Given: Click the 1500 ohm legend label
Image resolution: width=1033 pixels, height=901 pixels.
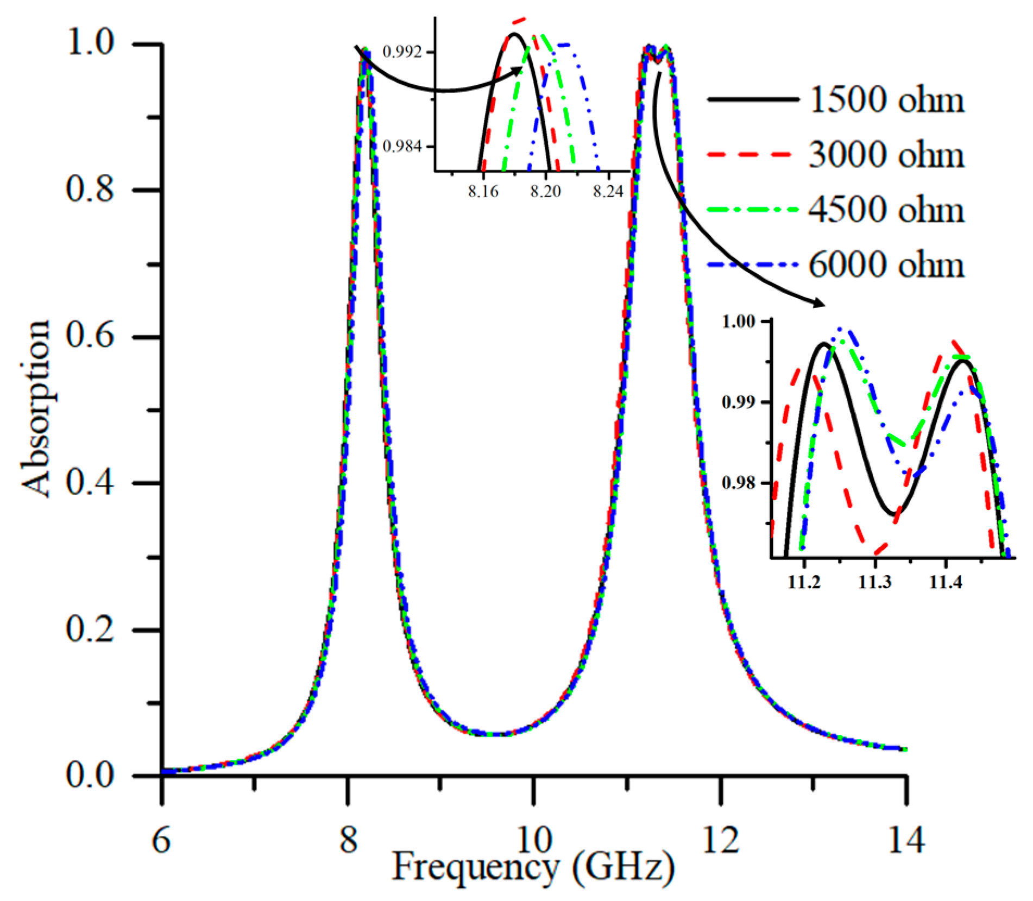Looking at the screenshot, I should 886,100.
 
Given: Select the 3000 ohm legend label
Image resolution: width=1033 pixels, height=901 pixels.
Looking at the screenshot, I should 886,155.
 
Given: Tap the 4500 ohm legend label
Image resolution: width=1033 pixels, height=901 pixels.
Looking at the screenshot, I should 886,210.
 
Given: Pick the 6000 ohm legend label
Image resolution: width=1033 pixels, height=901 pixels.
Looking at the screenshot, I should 886,265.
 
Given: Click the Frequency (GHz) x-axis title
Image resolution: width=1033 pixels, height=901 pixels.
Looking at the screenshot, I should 533,866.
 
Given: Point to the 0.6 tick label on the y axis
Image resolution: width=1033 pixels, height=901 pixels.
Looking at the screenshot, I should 90,336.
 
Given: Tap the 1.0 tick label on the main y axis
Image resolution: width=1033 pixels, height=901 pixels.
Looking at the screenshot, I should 90,42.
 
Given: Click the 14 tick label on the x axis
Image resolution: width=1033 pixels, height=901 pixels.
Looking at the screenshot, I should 905,841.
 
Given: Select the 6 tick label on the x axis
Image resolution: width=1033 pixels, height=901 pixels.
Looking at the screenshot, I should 161,841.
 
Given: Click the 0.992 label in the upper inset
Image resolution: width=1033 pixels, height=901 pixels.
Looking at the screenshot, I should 402,52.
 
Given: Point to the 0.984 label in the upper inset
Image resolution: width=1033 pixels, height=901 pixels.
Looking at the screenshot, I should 402,147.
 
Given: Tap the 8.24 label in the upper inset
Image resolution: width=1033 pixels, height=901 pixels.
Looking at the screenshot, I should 608,192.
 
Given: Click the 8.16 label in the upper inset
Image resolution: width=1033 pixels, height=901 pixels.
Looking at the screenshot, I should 483,192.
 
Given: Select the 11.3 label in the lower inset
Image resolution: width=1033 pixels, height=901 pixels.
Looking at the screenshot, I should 875,583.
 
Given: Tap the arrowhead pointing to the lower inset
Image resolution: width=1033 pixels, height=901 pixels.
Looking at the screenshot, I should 819,303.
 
